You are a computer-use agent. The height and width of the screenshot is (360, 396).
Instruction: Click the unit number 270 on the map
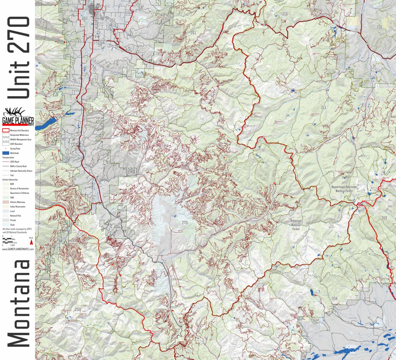[x=185, y=223]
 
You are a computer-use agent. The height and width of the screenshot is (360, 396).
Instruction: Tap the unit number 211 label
[x=323, y=107]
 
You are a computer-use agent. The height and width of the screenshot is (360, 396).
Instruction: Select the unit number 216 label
[x=285, y=14]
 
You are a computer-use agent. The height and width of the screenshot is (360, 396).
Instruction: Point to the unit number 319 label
[x=384, y=218]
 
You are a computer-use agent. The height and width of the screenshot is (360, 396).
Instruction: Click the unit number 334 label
[x=334, y=298]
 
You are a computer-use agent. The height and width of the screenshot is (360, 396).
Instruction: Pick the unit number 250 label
[x=78, y=310]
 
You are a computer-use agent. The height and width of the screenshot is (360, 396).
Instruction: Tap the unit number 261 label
[x=193, y=33]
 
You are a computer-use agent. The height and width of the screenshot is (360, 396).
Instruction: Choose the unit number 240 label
[x=63, y=139]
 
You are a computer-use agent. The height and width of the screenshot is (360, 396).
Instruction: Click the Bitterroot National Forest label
[x=296, y=225]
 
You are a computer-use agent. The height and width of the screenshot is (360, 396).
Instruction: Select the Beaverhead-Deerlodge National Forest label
[x=344, y=189]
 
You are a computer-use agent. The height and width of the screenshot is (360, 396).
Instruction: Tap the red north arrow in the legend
[x=31, y=242]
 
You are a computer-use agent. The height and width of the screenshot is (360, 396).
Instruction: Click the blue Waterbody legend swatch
[x=6, y=153]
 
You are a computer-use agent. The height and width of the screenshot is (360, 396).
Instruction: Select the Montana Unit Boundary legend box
[x=6, y=130]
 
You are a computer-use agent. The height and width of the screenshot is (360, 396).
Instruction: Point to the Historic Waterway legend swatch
[x=6, y=202]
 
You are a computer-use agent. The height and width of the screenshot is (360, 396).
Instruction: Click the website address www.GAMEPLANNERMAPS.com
[x=18, y=249]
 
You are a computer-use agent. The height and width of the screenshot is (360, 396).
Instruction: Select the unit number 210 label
[x=379, y=27]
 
